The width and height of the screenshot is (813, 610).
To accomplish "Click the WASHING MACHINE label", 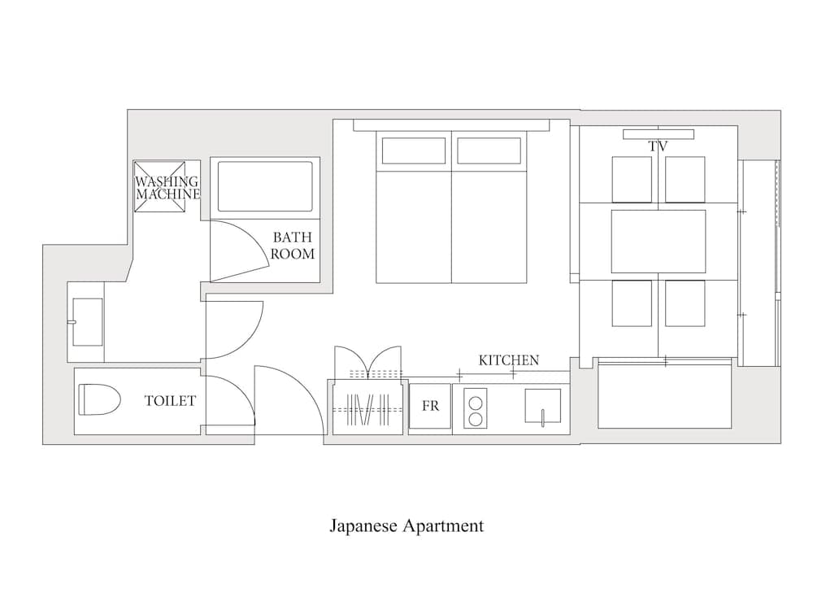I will click(x=167, y=188).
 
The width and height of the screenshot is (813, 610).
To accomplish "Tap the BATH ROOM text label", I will click(x=292, y=246).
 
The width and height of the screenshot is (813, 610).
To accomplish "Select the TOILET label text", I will click(x=170, y=400).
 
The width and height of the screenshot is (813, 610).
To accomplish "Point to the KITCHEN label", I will click(x=508, y=359).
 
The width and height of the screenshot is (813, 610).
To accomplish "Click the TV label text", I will click(x=658, y=147).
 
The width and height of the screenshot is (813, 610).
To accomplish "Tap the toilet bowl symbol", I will click(x=99, y=399).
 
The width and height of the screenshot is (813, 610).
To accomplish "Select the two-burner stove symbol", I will click(x=474, y=409).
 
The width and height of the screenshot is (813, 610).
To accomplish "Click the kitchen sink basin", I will click(x=543, y=407).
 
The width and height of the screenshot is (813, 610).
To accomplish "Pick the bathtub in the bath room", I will click(x=266, y=186).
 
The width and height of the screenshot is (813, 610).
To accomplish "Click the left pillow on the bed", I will click(x=413, y=150).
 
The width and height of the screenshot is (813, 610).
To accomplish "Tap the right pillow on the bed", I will click(x=489, y=150).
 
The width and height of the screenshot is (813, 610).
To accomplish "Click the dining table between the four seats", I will click(x=659, y=242).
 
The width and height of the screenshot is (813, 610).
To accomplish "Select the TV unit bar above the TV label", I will click(x=659, y=134).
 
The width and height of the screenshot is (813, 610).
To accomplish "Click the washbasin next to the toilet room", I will click(x=87, y=321).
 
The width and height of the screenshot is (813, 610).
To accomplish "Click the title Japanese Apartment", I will click(x=406, y=525).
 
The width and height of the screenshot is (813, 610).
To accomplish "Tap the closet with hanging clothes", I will click(x=367, y=407).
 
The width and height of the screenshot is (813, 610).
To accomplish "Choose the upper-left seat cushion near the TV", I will click(x=632, y=179).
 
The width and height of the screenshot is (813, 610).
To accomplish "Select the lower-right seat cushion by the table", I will click(x=685, y=303).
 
